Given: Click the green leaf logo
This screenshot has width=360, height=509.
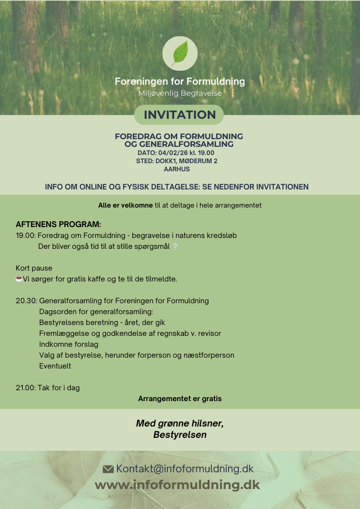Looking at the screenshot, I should tap(180, 53).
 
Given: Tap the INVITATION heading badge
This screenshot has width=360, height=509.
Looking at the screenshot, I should tap(180, 115).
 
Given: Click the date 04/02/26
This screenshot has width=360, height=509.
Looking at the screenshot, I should tap(171, 153).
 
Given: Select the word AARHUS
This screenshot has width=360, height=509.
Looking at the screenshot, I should tap(176, 169).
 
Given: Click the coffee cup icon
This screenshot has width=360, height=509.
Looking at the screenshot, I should tap(19, 279).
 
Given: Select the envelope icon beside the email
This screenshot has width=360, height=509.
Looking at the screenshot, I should tap(108, 469).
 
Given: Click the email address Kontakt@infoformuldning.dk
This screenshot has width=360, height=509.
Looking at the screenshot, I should tap(185, 469).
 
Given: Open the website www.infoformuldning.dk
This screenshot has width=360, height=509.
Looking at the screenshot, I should tap(177, 485).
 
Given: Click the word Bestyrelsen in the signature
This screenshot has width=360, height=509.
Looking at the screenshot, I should tap(180, 435).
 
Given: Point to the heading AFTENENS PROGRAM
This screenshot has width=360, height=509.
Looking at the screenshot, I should tap(58, 224).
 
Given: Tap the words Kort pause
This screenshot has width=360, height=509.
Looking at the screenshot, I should tap(34, 268).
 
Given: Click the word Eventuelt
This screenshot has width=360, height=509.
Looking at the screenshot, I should tap(55, 366).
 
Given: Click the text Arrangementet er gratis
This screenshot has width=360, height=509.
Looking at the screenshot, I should tap(180, 399).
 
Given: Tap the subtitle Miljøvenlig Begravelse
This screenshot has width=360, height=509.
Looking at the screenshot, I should tap(180, 93).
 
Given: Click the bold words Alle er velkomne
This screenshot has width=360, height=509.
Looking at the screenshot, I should tap(125, 205).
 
